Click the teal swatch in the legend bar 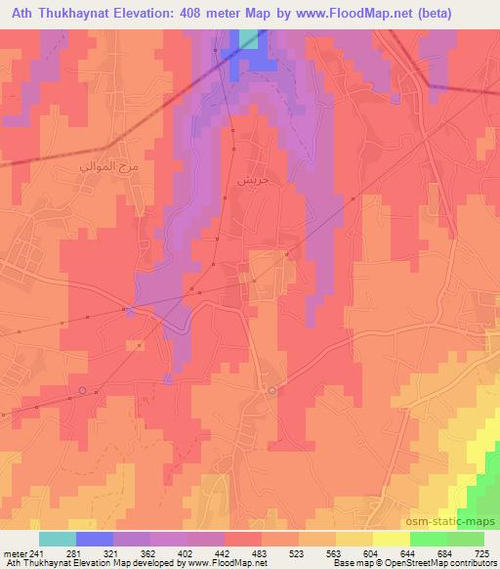coord(57,539)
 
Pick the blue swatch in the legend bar coord(95,539)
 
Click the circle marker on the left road coord(82,391)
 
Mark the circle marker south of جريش coord(272,390)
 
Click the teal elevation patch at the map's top coord(250,38)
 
